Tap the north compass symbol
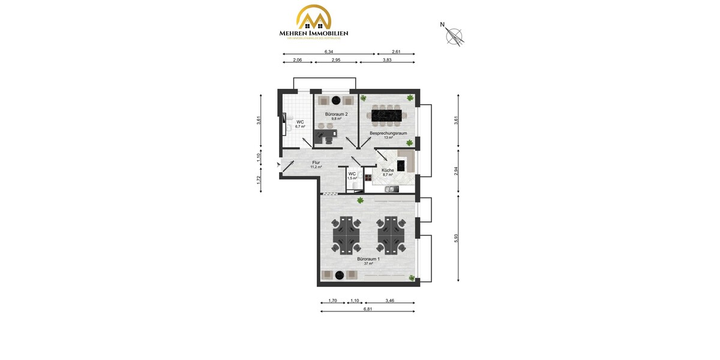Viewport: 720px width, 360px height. point(454,35)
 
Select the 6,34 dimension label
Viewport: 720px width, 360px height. point(329,52)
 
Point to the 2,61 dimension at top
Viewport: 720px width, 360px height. point(396,52)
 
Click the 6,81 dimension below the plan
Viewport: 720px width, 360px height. point(367,309)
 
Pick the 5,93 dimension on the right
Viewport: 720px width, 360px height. point(456,238)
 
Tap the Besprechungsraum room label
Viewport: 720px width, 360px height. point(388,133)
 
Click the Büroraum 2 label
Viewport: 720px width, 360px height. point(336,114)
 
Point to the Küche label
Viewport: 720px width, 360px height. point(388,170)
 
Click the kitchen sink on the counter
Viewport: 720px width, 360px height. point(391,189)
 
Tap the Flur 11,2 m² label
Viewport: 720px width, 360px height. point(316,164)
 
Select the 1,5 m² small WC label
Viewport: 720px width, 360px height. point(352,176)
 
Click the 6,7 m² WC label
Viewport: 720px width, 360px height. point(300,124)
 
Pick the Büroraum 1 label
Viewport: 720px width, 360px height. point(368,259)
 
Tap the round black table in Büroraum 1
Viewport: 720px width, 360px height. point(339,275)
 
